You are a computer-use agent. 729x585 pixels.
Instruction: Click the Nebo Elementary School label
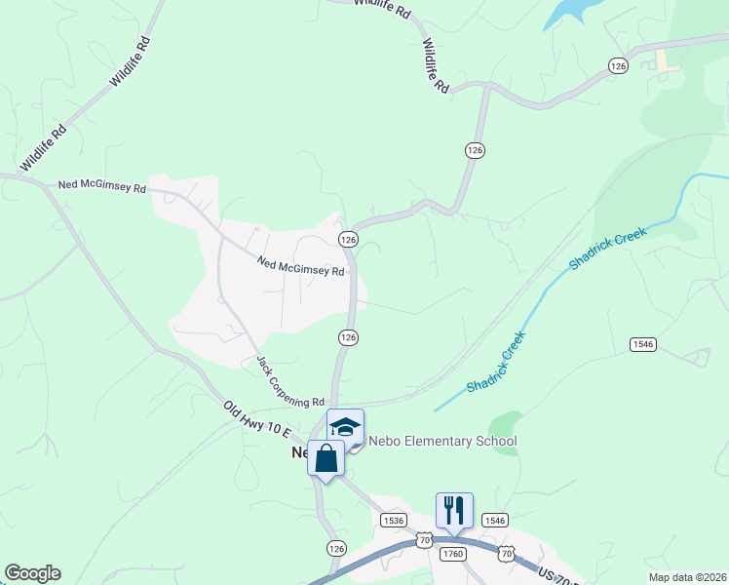[x=441, y=442]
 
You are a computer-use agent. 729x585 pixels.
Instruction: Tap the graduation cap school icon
[x=345, y=427]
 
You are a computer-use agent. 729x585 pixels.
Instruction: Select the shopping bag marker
[x=326, y=457]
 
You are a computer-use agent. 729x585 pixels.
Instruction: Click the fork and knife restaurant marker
[x=454, y=510]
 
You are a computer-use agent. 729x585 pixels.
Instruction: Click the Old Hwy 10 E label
[x=256, y=422]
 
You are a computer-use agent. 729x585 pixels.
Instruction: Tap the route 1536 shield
[x=394, y=521]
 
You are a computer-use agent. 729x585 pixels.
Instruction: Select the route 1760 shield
[x=452, y=554]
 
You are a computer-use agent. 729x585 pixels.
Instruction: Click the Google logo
[x=32, y=573]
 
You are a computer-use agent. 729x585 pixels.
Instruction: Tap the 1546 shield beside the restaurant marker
[x=495, y=521]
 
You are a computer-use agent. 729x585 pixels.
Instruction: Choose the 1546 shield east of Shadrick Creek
[x=643, y=344]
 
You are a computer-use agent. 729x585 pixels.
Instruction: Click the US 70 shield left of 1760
[x=423, y=538]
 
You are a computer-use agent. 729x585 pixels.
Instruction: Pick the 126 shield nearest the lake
[x=617, y=65]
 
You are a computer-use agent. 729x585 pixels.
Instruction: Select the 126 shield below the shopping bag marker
[x=335, y=548]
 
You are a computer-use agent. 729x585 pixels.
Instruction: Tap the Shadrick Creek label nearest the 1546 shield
[x=496, y=362]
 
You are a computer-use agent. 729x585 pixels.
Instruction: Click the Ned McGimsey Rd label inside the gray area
[x=301, y=264]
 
